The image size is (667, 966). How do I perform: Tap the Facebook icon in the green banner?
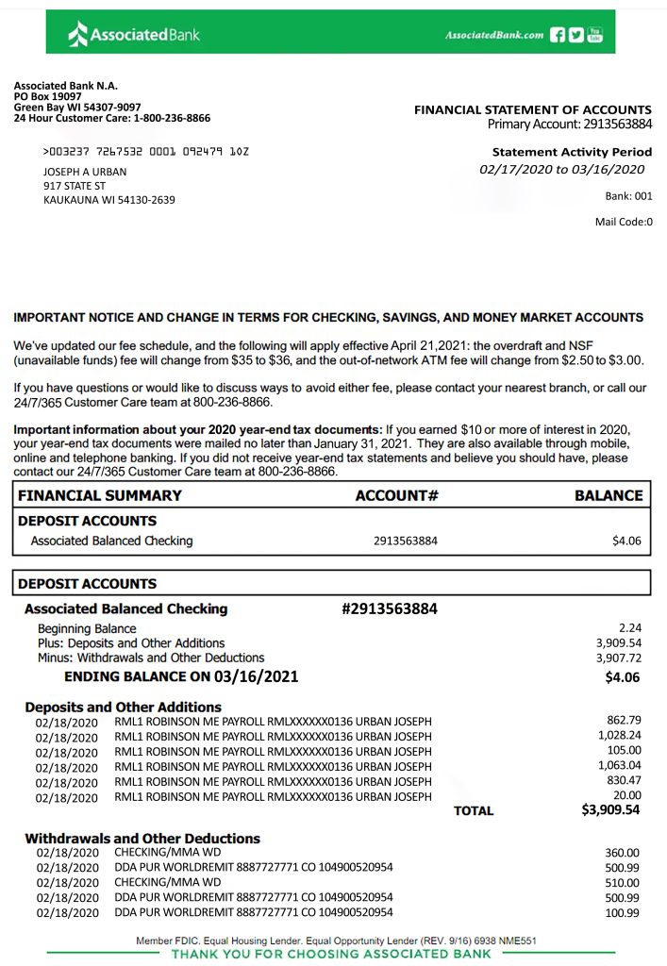[x=557, y=35]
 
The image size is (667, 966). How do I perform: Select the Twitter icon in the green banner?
[x=575, y=35]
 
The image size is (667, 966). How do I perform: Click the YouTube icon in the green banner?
[x=594, y=35]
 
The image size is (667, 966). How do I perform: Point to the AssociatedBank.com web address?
[x=493, y=35]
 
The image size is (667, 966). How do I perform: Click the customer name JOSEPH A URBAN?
[x=85, y=172]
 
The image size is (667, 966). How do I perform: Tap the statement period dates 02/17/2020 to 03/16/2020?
[x=561, y=170]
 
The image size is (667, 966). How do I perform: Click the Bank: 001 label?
[x=628, y=196]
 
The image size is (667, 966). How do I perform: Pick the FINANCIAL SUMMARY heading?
[x=100, y=495]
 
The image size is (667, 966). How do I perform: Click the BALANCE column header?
[x=609, y=495]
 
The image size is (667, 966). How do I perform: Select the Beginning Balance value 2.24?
[x=629, y=627]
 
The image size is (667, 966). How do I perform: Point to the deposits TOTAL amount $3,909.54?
[x=610, y=809]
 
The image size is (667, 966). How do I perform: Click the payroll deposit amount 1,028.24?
[x=619, y=735]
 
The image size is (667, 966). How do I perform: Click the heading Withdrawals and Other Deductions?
[x=142, y=838]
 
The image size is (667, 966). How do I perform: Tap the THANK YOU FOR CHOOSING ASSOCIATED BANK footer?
[x=331, y=954]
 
